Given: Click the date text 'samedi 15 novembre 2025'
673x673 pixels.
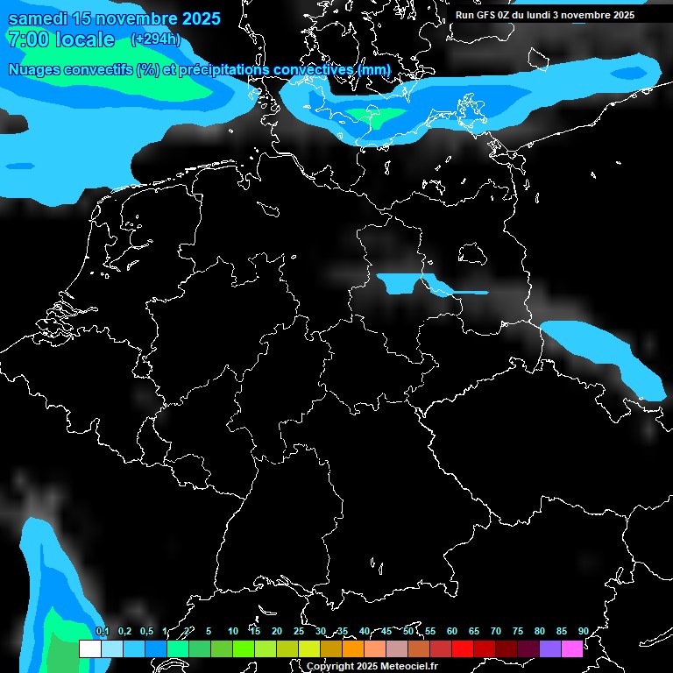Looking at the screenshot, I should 114,18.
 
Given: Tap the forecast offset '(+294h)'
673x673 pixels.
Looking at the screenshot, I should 155,39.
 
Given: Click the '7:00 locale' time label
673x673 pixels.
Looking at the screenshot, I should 60,39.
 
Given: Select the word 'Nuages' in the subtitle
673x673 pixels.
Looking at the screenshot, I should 36,69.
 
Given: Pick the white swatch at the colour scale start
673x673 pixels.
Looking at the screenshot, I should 89,649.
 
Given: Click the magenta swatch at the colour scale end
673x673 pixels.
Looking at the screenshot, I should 572,649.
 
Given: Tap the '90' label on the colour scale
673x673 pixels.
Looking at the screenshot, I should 584,631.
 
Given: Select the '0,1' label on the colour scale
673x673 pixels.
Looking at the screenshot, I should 102,631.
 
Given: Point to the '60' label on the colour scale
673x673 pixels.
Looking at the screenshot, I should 452,631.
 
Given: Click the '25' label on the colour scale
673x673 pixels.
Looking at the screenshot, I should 299,631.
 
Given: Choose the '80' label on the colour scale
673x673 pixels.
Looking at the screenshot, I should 540,631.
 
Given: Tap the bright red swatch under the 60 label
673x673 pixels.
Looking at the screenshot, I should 463,649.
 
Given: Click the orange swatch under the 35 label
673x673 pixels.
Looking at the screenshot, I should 353,649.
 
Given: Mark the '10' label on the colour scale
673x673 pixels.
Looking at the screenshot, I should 233,631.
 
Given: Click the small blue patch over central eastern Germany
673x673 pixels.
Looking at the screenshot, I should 399,283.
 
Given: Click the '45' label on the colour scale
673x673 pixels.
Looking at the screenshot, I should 386,631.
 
